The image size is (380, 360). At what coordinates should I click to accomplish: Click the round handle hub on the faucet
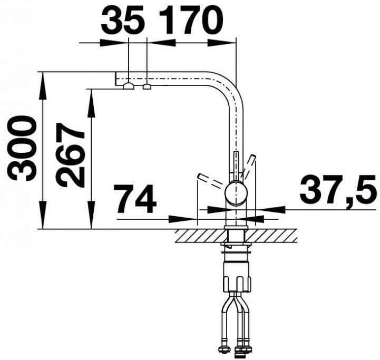coord(236,193)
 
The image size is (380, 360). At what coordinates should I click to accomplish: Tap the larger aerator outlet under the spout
coord(129,86)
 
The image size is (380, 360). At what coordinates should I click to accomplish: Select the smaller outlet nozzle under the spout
coord(147,86)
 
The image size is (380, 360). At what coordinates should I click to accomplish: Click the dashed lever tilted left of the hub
coord(211,181)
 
